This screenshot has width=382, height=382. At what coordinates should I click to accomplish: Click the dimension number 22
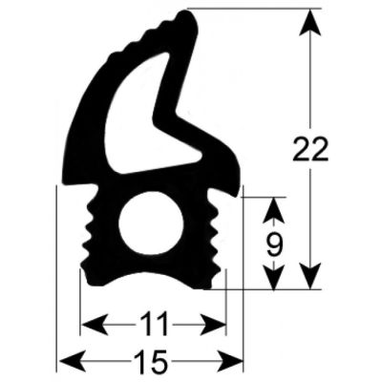tap(309, 149)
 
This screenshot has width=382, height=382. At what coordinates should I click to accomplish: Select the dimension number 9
tap(274, 244)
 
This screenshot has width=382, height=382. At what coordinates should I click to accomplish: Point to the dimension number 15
tap(151, 361)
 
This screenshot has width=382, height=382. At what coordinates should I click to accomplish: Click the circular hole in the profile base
tap(151, 223)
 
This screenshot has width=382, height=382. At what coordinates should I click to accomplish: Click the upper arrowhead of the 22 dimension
tap(309, 22)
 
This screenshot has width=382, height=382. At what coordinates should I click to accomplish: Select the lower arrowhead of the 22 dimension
tap(309, 276)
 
